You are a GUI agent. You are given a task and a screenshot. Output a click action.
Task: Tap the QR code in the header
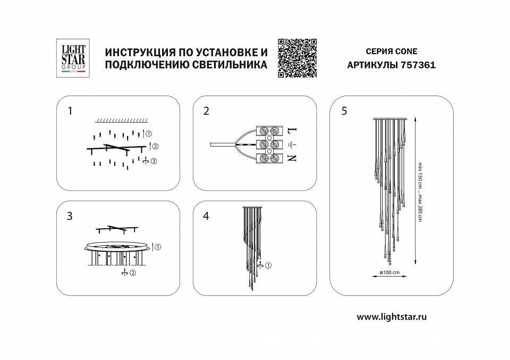pos(297,58)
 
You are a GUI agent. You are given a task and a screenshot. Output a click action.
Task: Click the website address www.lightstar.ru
pos(392,316)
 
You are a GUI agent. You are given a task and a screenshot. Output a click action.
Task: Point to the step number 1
pos(70,111)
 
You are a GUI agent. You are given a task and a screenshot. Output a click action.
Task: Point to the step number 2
pos(207,111)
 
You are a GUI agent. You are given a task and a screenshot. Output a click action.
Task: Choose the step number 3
pos(70,216)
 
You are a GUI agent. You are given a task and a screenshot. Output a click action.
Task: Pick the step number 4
pos(207,216)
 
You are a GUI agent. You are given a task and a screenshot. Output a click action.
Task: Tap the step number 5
pos(344,111)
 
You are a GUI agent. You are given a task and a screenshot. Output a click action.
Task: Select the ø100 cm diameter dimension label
pos(389,272)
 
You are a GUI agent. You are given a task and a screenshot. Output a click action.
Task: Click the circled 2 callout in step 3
pos(132,273)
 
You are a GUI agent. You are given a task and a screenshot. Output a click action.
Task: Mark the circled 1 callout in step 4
pos(268,265)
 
